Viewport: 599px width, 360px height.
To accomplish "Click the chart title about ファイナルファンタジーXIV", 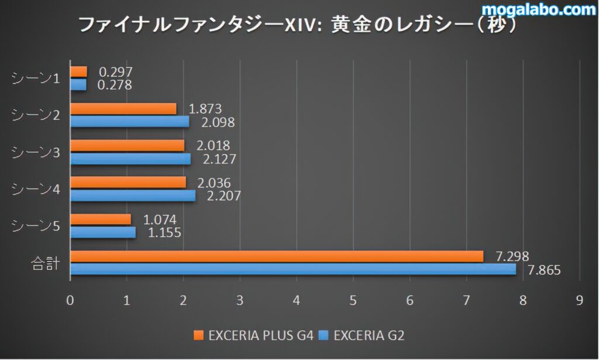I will click(298, 25).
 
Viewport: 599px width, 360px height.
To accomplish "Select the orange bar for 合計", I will click(277, 256).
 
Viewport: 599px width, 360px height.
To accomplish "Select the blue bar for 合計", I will click(293, 269).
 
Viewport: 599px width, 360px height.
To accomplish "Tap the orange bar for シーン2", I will click(123, 109).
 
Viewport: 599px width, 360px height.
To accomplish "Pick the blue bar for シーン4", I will click(133, 196).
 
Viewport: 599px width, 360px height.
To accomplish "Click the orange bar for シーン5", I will click(101, 220).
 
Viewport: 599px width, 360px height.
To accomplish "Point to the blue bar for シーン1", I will click(78, 85).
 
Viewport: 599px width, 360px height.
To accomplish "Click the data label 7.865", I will click(544, 270).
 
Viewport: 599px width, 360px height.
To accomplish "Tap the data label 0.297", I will click(115, 72).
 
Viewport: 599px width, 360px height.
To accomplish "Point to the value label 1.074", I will click(160, 220).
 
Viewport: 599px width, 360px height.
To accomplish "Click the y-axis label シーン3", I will click(36, 153).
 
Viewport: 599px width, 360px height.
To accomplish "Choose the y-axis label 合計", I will click(45, 263).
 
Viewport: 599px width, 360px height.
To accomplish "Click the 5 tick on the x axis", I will click(353, 300).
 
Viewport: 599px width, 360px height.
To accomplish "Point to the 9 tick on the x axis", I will click(580, 300).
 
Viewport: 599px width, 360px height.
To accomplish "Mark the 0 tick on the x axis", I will click(70, 300).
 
